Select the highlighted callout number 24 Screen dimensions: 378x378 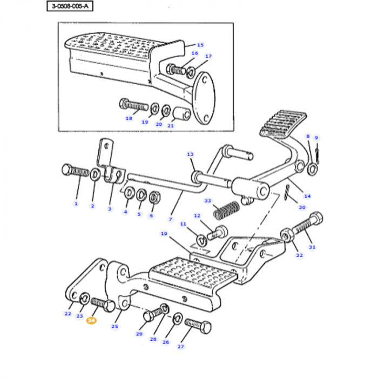[91, 321]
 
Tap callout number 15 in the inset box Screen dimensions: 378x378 [200, 45]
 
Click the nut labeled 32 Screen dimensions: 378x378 [286, 235]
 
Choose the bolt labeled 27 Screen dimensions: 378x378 [198, 326]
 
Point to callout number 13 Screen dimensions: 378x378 [190, 154]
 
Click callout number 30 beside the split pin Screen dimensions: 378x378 [301, 207]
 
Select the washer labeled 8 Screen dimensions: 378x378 [312, 170]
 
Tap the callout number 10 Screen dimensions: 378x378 [164, 234]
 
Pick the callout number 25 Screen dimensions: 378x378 [114, 326]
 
